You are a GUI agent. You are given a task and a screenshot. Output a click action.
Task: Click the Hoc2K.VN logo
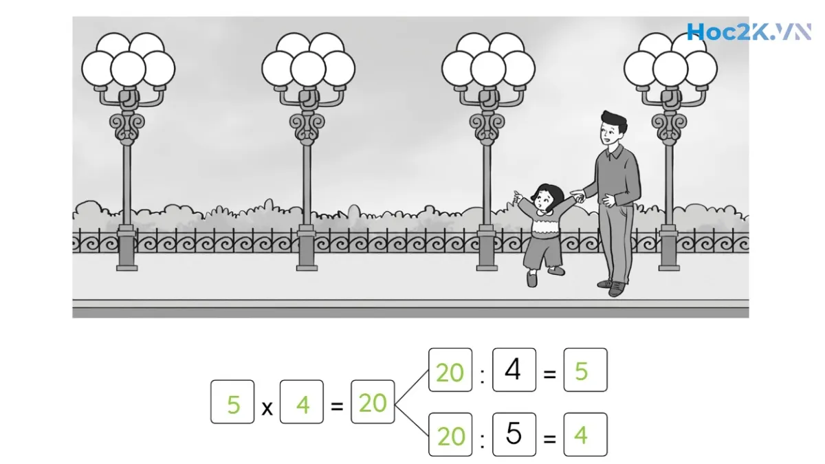[748, 32]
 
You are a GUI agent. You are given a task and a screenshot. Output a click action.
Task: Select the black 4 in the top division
[513, 370]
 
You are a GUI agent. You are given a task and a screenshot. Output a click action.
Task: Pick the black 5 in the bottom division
[513, 434]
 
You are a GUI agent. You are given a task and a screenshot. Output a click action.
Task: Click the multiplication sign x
[267, 408]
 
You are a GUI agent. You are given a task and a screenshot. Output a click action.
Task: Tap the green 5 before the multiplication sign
[233, 405]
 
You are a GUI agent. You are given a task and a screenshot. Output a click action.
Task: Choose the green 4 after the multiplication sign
[302, 405]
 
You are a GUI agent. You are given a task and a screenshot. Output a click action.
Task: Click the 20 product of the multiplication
[373, 403]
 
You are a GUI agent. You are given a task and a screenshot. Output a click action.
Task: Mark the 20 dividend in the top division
[450, 372]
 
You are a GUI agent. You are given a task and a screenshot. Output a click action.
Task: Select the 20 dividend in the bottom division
[450, 436]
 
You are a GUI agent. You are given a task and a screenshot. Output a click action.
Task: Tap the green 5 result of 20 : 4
[582, 371]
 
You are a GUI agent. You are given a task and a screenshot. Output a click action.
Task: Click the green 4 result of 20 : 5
[582, 435]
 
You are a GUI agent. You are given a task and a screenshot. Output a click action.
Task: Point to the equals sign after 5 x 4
[337, 406]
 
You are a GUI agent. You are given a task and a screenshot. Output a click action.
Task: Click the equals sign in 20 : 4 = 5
[549, 374]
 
